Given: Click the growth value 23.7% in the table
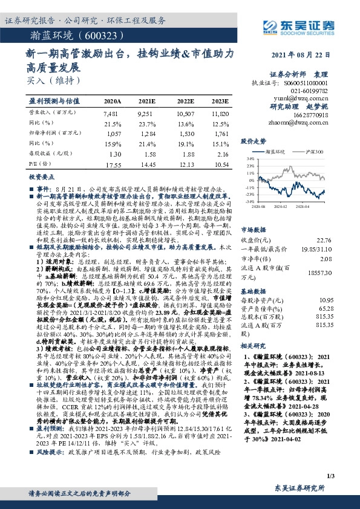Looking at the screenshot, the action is [148, 123].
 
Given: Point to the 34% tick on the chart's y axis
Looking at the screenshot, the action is [249, 158].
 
